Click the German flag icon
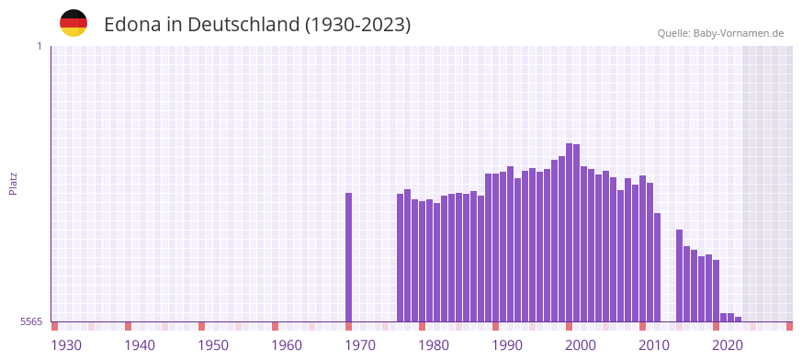click(x=73, y=23)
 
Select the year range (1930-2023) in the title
click(x=358, y=25)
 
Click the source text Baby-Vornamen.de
click(x=738, y=33)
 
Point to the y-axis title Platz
click(x=13, y=184)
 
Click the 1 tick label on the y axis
click(x=39, y=46)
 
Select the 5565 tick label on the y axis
click(x=30, y=321)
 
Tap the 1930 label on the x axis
click(x=66, y=345)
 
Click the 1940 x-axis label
click(x=140, y=345)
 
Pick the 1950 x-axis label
click(x=213, y=345)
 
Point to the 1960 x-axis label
click(x=287, y=345)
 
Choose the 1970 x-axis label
click(x=360, y=345)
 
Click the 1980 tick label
click(x=434, y=345)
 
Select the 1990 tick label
click(x=507, y=345)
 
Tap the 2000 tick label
click(x=581, y=345)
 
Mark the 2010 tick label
click(x=654, y=345)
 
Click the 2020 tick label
click(x=728, y=345)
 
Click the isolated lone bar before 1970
click(x=349, y=257)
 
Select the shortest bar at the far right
click(x=739, y=319)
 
